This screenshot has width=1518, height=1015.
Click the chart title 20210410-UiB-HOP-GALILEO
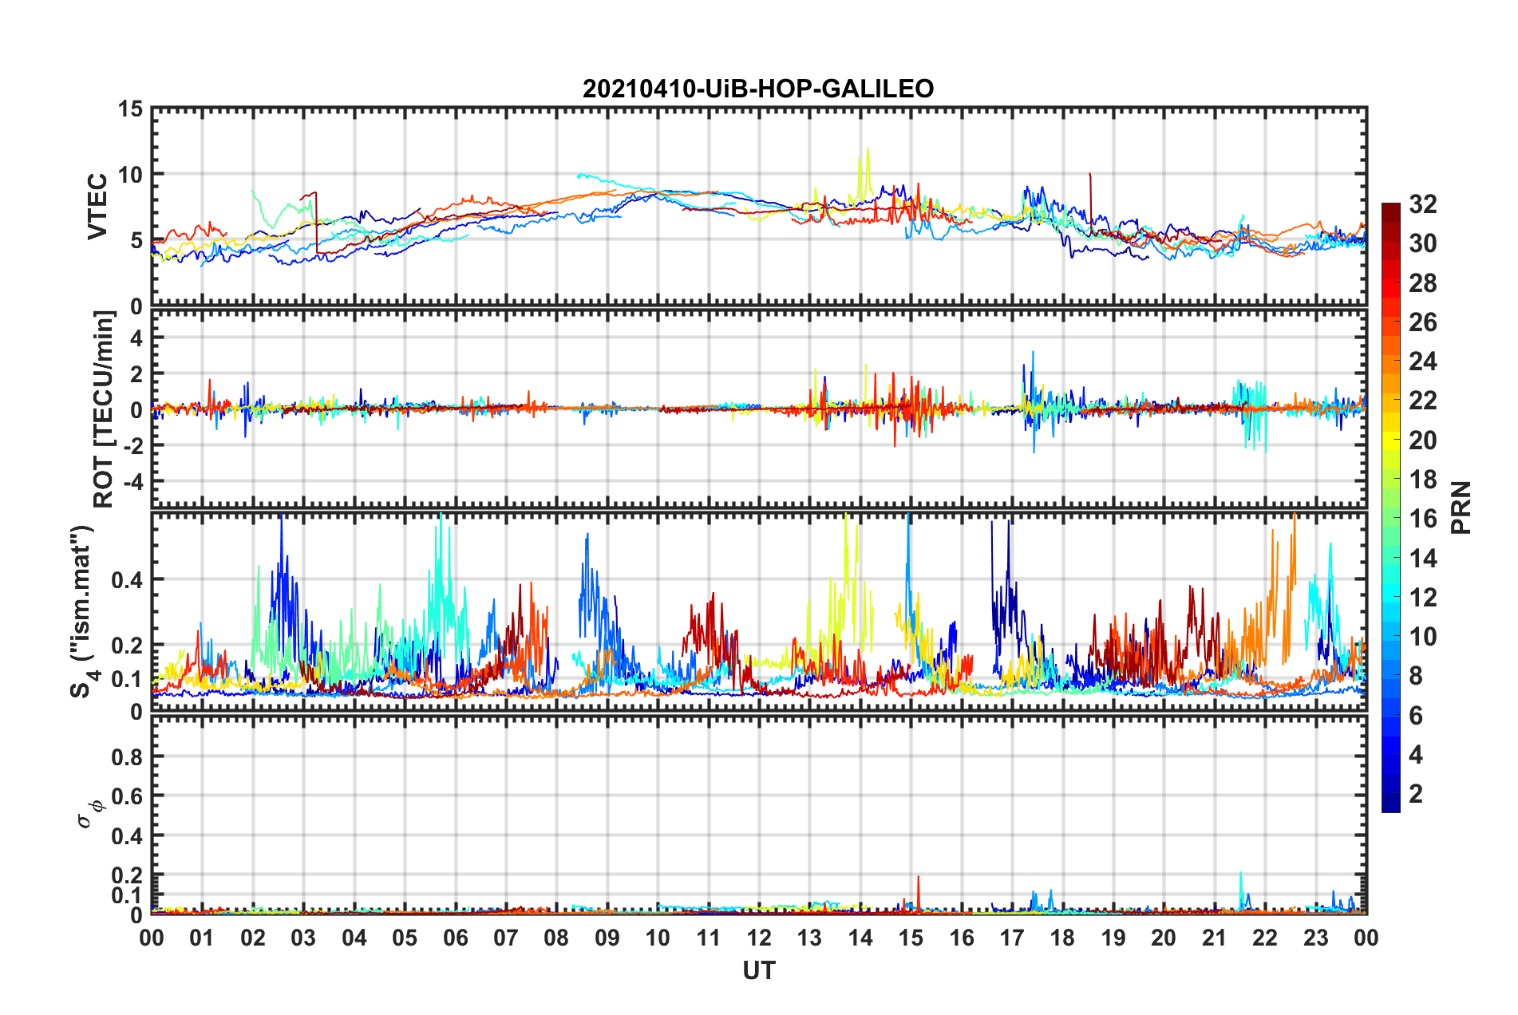[x=758, y=89]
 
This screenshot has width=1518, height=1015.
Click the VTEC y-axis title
[x=97, y=207]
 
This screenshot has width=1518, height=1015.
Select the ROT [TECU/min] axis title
[x=104, y=409]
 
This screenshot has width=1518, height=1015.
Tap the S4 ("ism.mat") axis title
[x=83, y=611]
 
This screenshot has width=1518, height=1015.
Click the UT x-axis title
[x=758, y=970]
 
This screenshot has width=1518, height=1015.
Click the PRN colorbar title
[x=1461, y=507]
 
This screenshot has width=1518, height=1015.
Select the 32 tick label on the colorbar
[x=1422, y=204]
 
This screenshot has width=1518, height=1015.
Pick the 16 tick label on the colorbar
[x=1422, y=519]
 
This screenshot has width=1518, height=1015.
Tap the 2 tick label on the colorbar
[x=1416, y=794]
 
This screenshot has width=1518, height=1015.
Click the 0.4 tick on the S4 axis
[x=127, y=580]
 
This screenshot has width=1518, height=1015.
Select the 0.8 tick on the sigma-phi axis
[x=127, y=756]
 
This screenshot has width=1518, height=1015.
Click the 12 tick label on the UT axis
[x=758, y=938]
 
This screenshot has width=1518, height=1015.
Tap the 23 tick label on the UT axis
[x=1315, y=938]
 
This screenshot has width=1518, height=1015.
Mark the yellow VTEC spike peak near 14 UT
[x=868, y=149]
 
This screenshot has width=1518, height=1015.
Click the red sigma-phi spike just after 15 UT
[x=919, y=878]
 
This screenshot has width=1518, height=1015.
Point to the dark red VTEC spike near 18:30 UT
[x=1089, y=174]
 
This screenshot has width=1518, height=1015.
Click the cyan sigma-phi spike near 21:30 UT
[x=1240, y=874]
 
